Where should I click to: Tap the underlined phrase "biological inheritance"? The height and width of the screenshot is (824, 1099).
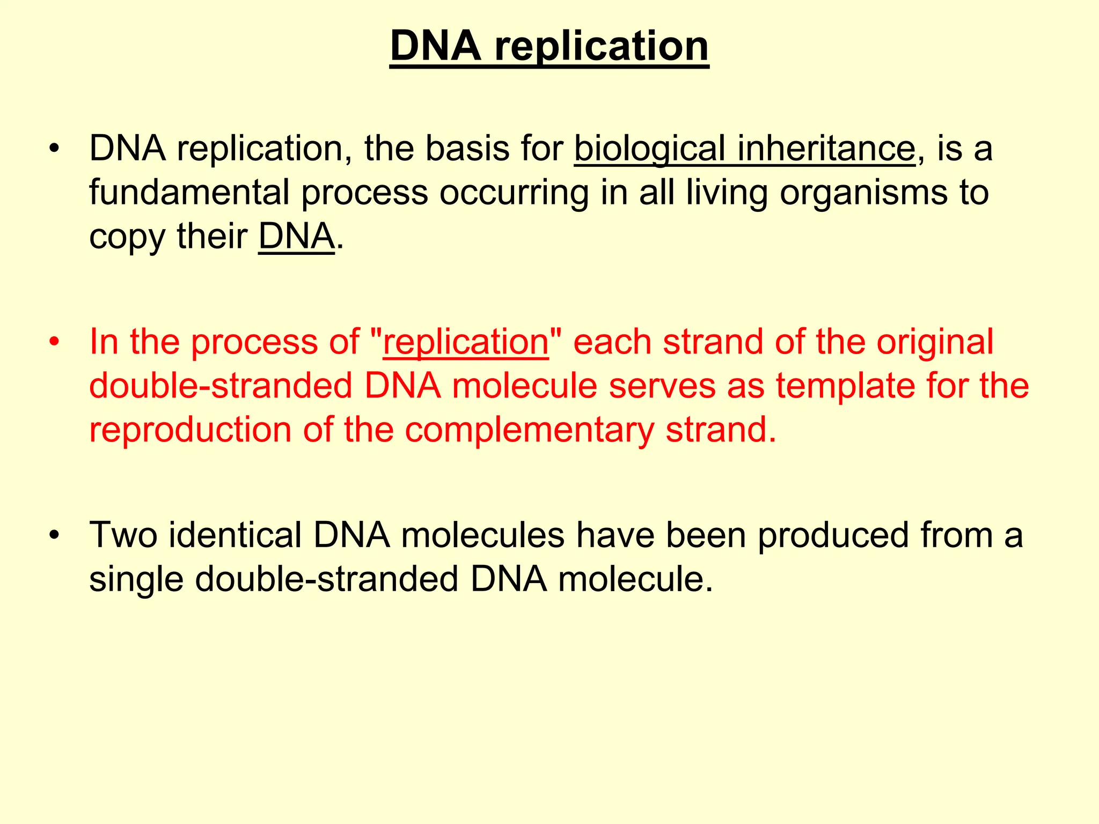(744, 149)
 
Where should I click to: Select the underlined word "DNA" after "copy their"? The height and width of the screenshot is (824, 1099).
(296, 237)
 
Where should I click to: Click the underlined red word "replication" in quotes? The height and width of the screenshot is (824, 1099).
(466, 342)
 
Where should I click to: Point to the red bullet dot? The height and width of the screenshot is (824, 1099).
(53, 342)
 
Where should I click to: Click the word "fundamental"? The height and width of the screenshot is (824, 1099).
(189, 192)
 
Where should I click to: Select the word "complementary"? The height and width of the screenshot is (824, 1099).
(529, 430)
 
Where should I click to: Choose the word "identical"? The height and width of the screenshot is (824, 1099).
(235, 535)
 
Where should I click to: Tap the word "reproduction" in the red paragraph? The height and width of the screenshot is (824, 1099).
(190, 430)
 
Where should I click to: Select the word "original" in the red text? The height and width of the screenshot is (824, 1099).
(935, 342)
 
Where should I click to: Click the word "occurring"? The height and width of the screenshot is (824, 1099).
(514, 193)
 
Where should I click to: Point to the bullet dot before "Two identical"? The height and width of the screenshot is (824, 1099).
(53, 535)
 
